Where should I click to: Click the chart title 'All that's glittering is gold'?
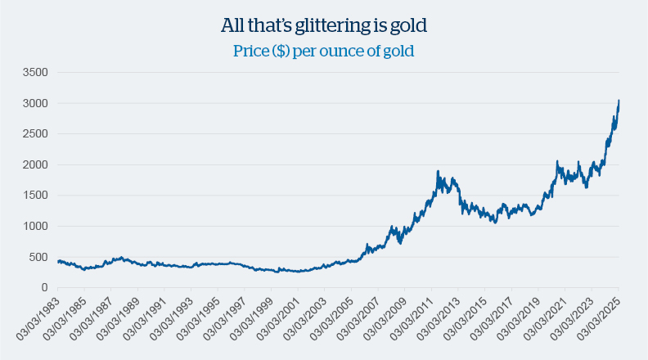(x=324, y=26)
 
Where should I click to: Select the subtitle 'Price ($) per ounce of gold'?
(x=324, y=51)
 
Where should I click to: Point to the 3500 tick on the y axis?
(x=35, y=73)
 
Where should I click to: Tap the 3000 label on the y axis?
(x=35, y=104)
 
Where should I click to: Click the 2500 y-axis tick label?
(x=35, y=134)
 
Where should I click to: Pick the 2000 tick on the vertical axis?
(x=35, y=165)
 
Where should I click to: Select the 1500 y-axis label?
(x=35, y=196)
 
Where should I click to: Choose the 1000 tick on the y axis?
(x=35, y=227)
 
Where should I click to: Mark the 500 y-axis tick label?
(x=38, y=257)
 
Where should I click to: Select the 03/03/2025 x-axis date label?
(x=599, y=322)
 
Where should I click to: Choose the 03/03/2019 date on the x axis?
(x=519, y=322)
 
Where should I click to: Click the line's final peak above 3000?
(x=619, y=101)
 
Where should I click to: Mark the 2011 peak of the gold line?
(x=439, y=172)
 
